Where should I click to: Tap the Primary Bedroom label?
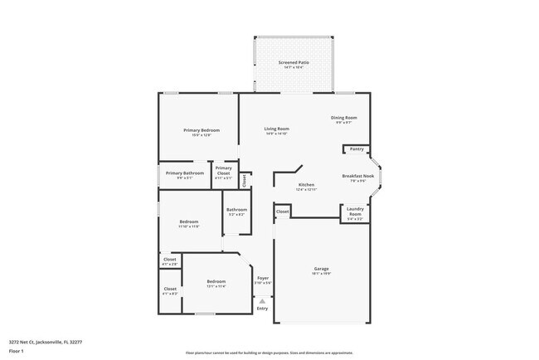202,130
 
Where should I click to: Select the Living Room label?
277,129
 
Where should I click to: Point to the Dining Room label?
344,118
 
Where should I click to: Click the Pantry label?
357,148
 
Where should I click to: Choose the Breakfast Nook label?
358,176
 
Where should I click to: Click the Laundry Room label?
355,212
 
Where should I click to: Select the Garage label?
322,268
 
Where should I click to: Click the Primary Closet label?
224,170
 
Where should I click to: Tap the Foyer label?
262,278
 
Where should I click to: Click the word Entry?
262,309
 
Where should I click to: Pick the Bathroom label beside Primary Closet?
236,209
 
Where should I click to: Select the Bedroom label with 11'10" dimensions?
189,221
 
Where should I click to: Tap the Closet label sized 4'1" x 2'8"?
170,260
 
